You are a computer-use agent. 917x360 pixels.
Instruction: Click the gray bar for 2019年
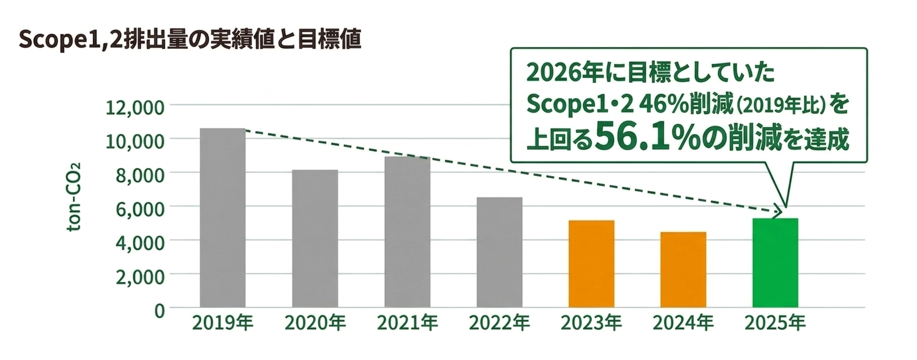pos(223,218)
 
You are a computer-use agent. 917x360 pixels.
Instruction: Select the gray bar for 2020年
pos(315,238)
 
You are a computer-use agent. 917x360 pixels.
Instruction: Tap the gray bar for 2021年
pos(407,232)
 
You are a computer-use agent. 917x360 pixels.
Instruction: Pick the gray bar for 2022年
pos(500,252)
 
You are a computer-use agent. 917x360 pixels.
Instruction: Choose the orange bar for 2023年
pos(591,264)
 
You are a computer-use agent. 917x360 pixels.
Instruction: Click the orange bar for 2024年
pos(684,269)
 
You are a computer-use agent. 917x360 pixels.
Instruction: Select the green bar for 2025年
pos(775,263)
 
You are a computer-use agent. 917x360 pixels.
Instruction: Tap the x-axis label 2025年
pos(775,323)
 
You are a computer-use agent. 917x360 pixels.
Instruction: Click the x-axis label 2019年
pos(223,323)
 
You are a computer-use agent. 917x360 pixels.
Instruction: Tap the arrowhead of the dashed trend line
pos(778,213)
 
